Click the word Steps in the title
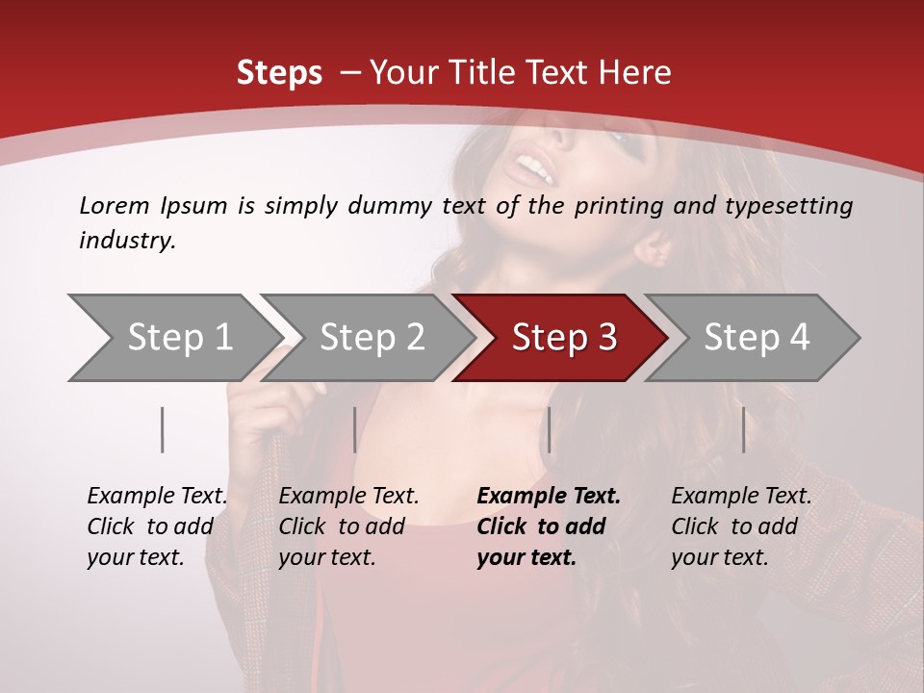[279, 73]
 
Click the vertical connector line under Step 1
[163, 429]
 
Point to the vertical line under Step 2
[355, 429]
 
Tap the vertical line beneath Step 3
[549, 429]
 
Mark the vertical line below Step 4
[743, 429]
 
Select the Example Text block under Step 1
[157, 526]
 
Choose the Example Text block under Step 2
[348, 526]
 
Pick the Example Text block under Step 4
[741, 526]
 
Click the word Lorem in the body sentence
[115, 206]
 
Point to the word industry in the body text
[126, 241]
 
